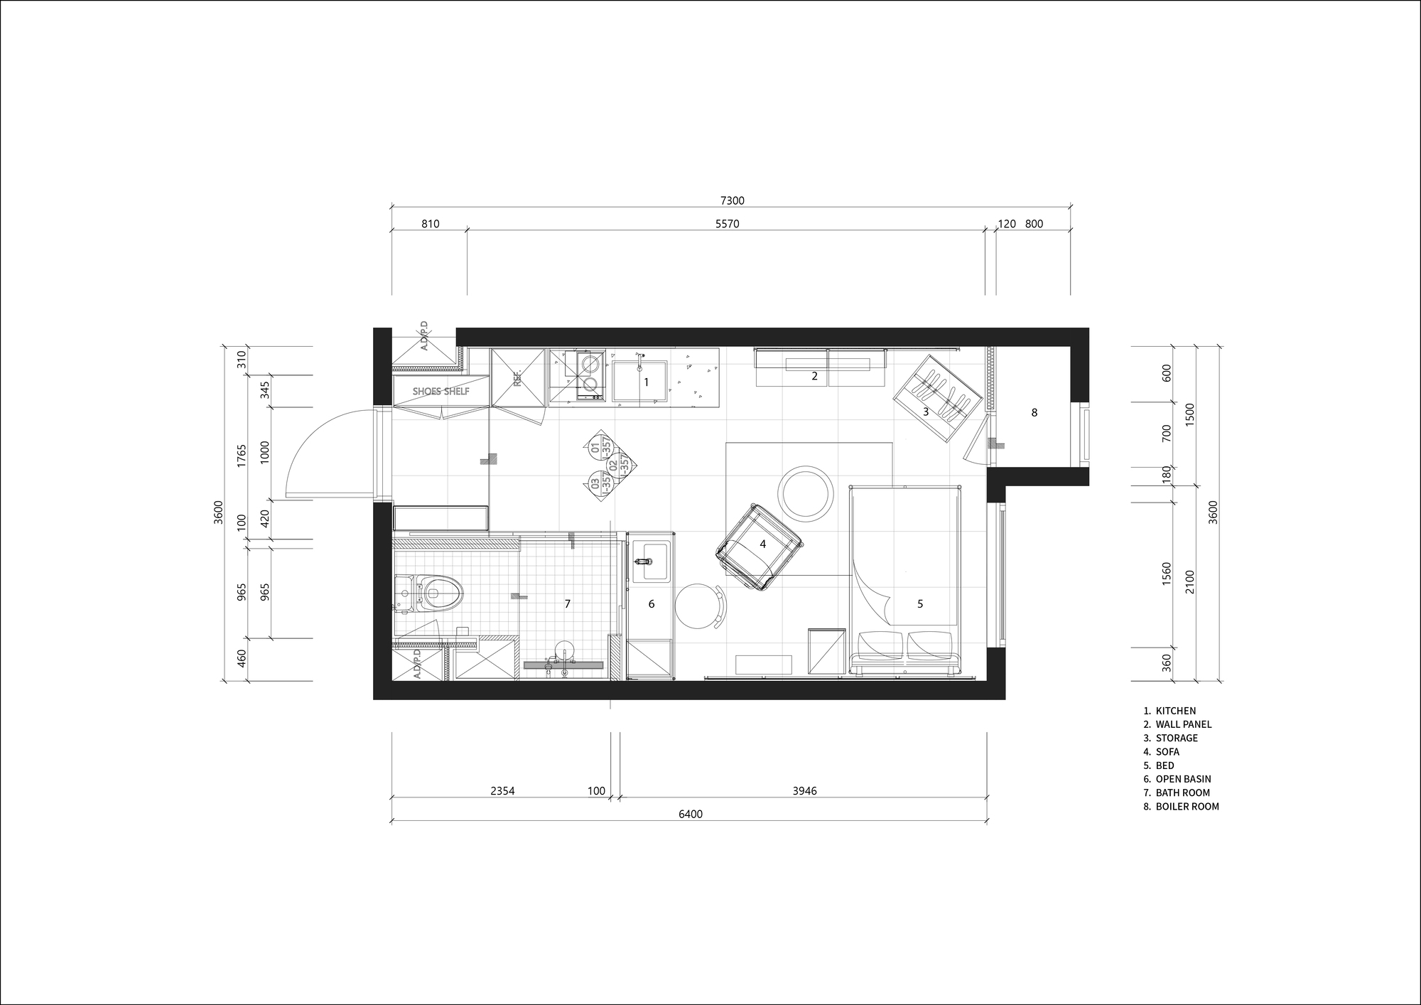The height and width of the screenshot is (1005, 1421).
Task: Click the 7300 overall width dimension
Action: click(731, 201)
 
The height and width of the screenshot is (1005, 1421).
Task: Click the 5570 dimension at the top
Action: click(727, 224)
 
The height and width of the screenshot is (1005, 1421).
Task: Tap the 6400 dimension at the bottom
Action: click(690, 814)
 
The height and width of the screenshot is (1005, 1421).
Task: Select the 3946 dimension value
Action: click(804, 791)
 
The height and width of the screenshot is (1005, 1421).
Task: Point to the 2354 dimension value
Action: click(502, 791)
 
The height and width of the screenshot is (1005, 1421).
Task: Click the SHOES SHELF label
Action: click(441, 392)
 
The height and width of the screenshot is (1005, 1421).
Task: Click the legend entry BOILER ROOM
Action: click(1187, 807)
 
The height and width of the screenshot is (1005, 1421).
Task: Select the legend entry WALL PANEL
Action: click(1183, 724)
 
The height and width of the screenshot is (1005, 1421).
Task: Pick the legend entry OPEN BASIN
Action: click(1183, 779)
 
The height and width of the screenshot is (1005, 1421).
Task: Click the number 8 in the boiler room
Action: click(1034, 412)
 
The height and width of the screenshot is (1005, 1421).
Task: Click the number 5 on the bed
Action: click(920, 604)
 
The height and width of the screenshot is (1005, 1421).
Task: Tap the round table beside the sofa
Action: click(806, 493)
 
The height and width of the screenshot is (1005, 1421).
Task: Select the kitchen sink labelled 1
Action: click(640, 382)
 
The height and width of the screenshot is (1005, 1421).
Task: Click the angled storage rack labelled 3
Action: click(936, 398)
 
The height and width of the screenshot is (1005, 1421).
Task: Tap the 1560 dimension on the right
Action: click(1166, 574)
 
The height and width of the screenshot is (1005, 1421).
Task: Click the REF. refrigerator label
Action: click(517, 377)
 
